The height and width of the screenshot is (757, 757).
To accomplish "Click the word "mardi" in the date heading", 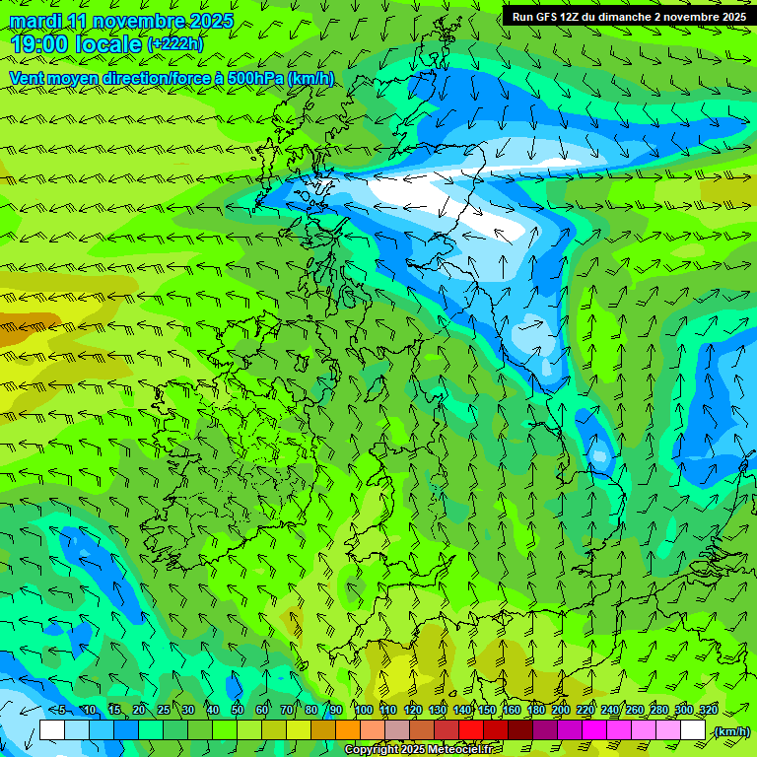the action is click(x=36, y=21).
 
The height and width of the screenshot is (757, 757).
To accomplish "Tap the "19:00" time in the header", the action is click(x=41, y=44).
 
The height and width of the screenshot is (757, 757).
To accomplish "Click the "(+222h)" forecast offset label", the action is click(x=175, y=44).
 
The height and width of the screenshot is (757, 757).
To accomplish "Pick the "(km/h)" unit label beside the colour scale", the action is click(x=731, y=731).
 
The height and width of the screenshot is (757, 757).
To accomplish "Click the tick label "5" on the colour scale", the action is click(x=62, y=711).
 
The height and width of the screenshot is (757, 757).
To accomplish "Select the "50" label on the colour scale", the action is click(x=237, y=711).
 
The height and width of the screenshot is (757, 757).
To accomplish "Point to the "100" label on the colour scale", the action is click(x=363, y=711).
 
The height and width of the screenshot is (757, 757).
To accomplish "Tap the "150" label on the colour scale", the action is click(x=487, y=711).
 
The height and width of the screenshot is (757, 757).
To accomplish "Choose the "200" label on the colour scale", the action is click(x=561, y=711).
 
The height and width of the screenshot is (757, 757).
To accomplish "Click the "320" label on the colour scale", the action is click(x=709, y=711).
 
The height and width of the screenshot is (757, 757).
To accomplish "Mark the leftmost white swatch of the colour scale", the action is click(x=52, y=730).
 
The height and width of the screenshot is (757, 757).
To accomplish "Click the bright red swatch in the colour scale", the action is click(x=471, y=730).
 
